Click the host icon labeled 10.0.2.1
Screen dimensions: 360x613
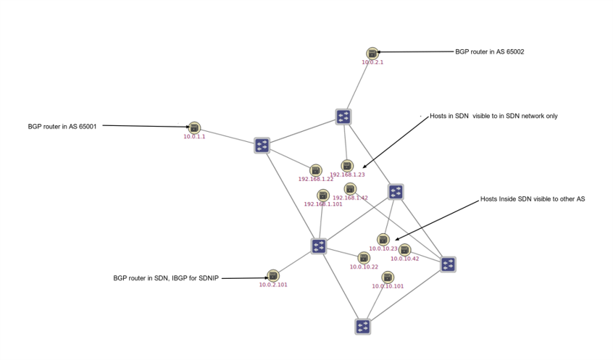(x=372, y=53)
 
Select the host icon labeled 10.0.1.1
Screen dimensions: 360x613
(x=194, y=127)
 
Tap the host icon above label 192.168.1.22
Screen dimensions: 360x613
(x=315, y=170)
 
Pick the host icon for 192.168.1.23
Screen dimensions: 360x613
(x=347, y=166)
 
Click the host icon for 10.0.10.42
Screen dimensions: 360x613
(x=405, y=250)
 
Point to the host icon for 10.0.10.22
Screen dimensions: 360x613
(x=364, y=258)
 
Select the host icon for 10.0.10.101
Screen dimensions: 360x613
(x=388, y=277)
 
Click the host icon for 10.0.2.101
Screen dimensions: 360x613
(x=273, y=275)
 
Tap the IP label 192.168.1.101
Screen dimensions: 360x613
(x=323, y=204)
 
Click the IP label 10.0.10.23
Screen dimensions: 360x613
(x=383, y=248)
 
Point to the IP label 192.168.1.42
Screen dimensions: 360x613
(x=350, y=198)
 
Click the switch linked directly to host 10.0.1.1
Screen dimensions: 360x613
(x=262, y=146)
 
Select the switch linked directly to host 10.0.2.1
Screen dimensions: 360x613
(x=343, y=117)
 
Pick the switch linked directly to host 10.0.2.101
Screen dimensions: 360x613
(x=319, y=246)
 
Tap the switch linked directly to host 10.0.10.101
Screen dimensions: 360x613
(x=363, y=327)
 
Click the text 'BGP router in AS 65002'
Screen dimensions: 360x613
(x=489, y=51)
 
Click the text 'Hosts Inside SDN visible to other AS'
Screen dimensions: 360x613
(x=532, y=198)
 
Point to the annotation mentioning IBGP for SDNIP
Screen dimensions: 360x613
(x=166, y=277)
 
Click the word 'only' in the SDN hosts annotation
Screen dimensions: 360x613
(x=550, y=116)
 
